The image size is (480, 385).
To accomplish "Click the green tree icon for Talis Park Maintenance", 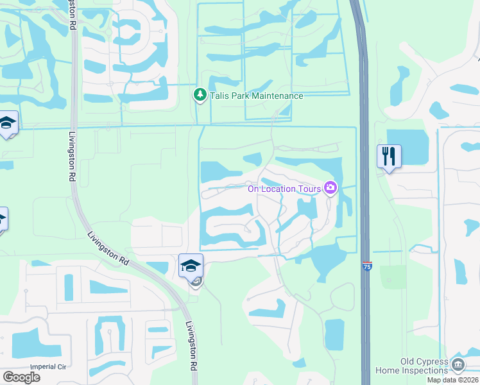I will pos(200,96).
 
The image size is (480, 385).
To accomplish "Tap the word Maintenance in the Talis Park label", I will pos(277,96).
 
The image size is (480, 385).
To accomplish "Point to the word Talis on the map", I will pos(219,96).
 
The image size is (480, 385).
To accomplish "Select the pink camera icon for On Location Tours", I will pos(330,188).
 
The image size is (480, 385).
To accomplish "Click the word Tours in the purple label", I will pos(309,189).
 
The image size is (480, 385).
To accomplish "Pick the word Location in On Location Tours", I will pos(280,189).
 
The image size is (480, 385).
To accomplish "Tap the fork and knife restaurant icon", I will pos(389,156).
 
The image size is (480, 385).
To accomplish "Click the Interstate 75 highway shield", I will pos(366,266).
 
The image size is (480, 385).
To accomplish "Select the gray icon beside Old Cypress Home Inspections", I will pos(458,365).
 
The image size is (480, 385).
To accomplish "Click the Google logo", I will pos(21,377).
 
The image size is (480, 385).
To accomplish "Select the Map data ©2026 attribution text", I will pos(452,380).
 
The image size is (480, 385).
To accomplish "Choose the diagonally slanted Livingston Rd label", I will pos(107,246).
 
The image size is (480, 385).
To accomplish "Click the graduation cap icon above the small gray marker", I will pos(191,264).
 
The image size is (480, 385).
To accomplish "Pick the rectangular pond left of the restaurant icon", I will pos(407,146).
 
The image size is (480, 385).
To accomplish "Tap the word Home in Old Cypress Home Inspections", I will pos(386,370).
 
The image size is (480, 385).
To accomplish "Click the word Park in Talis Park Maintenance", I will pos(239,96).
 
